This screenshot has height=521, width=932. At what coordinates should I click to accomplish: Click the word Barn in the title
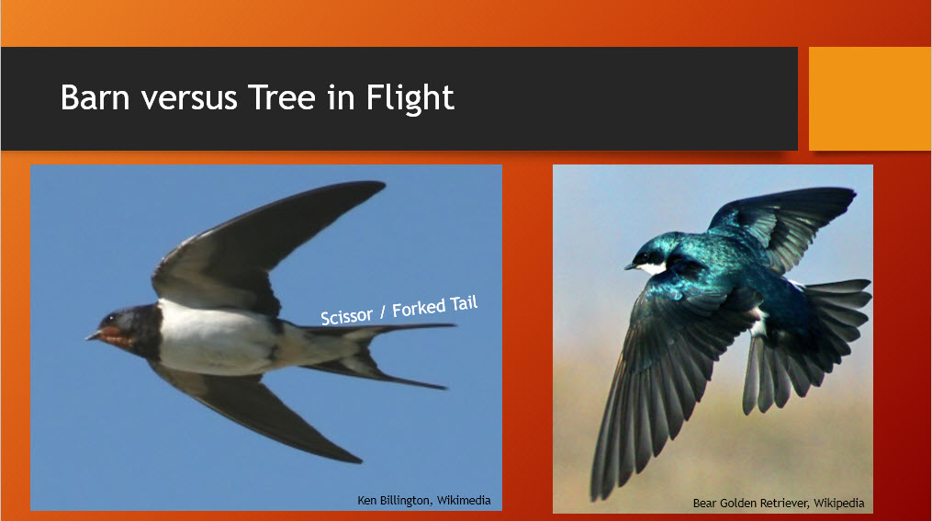[x=95, y=97]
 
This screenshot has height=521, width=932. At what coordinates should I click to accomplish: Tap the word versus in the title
[x=189, y=98]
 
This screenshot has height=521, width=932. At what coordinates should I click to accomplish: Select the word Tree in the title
[x=281, y=97]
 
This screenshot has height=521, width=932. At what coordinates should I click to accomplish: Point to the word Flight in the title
[x=410, y=98]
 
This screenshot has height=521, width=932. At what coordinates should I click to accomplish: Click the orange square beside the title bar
[x=870, y=98]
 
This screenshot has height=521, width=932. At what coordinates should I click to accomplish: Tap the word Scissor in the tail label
[x=346, y=316]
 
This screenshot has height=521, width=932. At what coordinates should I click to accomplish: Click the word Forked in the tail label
[x=419, y=308]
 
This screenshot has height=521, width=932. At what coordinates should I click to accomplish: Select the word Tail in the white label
[x=464, y=303]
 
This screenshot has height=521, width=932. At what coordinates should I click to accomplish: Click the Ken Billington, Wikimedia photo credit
[x=424, y=500]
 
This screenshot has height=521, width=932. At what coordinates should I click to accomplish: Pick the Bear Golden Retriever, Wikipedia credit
[x=779, y=504]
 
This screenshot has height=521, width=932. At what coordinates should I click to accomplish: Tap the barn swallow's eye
[x=113, y=321]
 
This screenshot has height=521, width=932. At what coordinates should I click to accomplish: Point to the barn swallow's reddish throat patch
[x=116, y=336]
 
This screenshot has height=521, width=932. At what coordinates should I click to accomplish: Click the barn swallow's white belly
[x=214, y=338]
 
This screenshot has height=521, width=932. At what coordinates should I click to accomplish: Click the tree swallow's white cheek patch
[x=651, y=267]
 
